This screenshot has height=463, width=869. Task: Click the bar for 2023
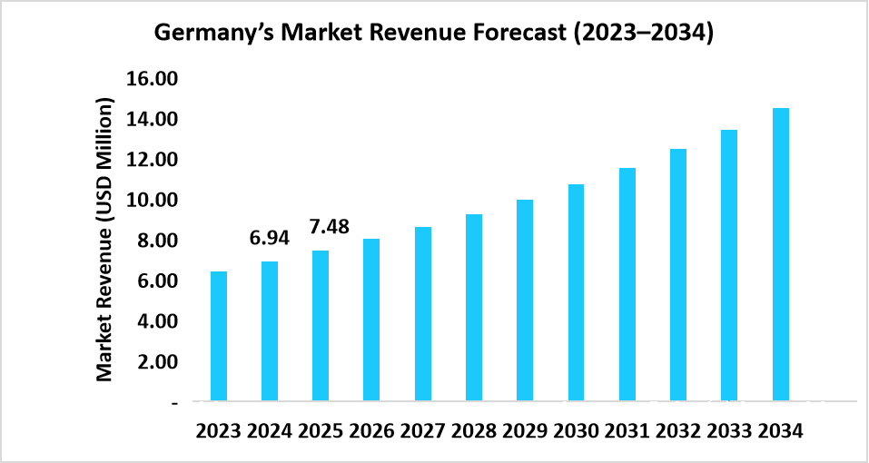tap(219, 336)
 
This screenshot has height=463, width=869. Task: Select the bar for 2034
tap(780, 254)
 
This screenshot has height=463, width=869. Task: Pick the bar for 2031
tap(627, 284)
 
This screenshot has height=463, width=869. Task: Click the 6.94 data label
tap(270, 239)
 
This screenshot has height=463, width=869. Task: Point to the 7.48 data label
tap(329, 226)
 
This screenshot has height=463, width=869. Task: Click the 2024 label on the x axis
tap(270, 432)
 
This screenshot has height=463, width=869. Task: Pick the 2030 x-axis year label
tap(576, 432)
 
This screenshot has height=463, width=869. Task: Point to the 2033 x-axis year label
tap(728, 432)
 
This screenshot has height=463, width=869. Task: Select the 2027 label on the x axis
tap(422, 432)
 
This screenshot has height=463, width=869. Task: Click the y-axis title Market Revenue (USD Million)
tap(106, 240)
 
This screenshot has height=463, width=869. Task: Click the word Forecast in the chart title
tap(509, 34)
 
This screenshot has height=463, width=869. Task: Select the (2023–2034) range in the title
tap(641, 34)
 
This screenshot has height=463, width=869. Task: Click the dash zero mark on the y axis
tap(174, 401)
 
